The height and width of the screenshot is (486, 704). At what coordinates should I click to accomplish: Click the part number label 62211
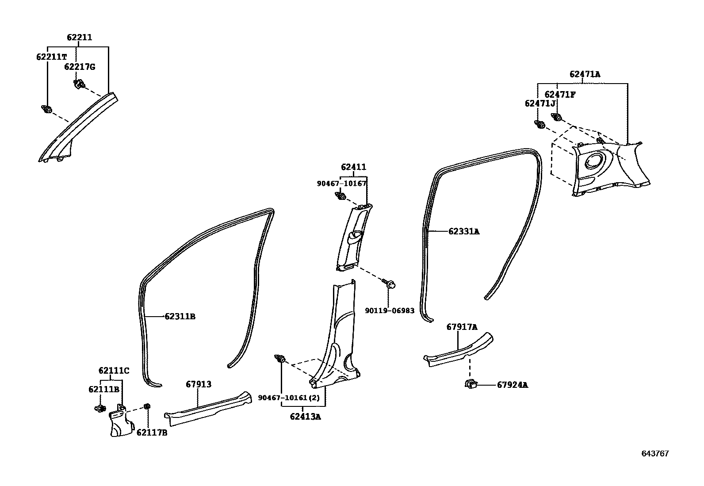(80, 38)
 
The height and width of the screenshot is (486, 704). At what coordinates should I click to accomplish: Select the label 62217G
(80, 67)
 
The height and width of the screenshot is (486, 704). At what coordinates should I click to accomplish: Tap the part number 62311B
(180, 317)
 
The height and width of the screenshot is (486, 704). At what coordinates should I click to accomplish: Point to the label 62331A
(464, 232)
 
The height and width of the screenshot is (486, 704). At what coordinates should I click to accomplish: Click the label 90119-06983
(390, 310)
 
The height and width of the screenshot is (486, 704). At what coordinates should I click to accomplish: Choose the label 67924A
(512, 385)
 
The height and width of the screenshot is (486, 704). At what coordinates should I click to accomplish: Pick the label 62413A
(305, 417)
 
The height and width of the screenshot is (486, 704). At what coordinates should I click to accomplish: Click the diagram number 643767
(655, 454)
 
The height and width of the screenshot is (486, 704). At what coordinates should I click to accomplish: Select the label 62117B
(152, 433)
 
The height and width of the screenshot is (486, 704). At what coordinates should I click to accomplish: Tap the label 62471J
(540, 103)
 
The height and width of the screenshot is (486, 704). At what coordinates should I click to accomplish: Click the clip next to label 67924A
(471, 384)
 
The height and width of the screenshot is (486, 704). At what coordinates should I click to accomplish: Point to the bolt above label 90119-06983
(389, 283)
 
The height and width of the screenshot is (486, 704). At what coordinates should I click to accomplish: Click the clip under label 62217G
(80, 84)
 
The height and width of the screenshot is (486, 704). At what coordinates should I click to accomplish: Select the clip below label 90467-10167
(341, 196)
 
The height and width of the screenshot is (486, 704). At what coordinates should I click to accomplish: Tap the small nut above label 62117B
(146, 406)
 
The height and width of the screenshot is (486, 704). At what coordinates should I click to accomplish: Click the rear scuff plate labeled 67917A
(458, 349)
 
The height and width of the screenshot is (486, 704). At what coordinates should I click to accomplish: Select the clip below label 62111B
(100, 409)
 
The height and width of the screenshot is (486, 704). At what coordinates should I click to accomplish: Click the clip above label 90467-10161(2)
(280, 358)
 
